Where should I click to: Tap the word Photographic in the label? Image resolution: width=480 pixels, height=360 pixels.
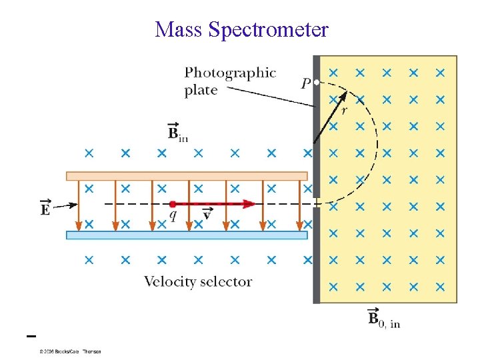[230, 72]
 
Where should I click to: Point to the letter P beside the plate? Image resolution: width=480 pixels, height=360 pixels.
[306, 83]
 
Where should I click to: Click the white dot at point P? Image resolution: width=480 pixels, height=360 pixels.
[317, 82]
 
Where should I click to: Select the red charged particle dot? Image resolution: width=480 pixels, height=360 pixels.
[173, 203]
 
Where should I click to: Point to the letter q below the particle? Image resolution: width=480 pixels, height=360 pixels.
[173, 215]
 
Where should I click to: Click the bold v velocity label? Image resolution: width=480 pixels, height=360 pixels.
[207, 215]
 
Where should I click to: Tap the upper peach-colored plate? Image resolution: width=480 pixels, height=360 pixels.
[187, 176]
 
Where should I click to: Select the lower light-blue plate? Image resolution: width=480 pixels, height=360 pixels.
[187, 235]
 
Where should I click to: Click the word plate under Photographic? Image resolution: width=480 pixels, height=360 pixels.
[201, 90]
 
